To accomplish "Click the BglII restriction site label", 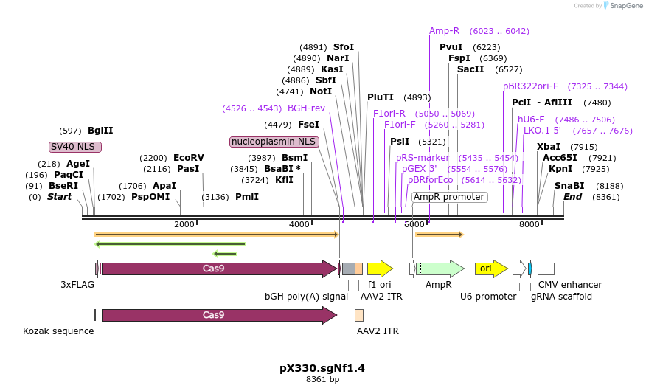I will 100,131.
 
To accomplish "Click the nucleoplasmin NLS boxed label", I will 274,141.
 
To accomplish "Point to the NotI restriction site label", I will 321,91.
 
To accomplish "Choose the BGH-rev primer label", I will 306,108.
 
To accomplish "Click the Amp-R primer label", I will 444,31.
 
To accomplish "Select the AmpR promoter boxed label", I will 448,197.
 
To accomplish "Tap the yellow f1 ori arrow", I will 380,269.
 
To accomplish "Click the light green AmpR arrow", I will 440,269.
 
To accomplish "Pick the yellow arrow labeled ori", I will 490,269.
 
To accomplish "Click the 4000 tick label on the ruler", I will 299,224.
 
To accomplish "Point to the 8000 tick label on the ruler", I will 529,224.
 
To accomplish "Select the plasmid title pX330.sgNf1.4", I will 322,367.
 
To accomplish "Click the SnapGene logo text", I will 624,6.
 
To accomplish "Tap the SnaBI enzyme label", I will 569,186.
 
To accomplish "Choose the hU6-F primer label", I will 531,120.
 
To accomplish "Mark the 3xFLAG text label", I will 77,284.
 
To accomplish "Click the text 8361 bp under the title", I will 322,380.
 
